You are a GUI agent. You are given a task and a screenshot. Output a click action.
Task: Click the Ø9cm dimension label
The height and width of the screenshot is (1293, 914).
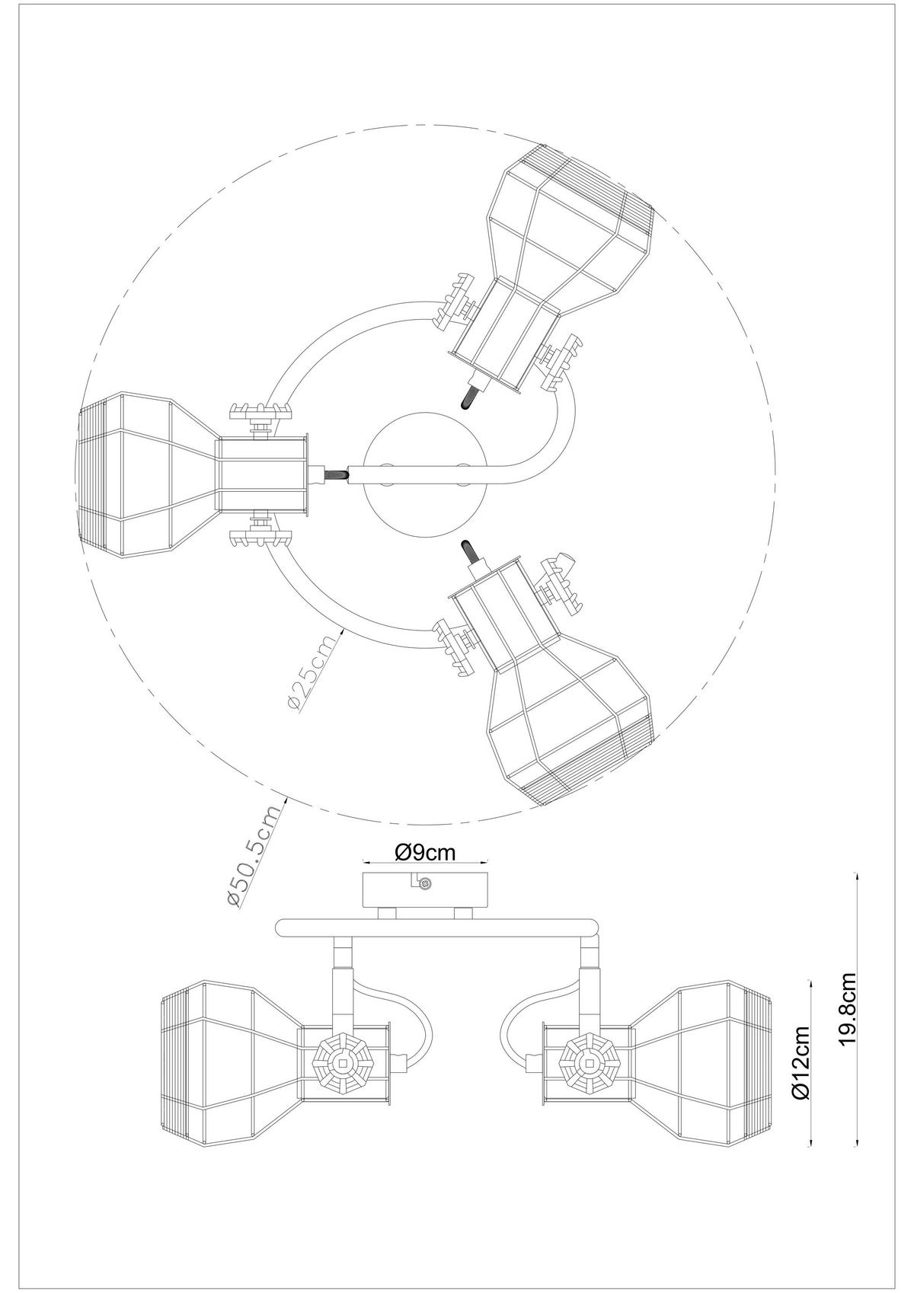426,852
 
